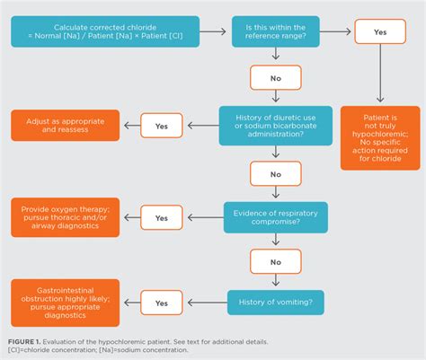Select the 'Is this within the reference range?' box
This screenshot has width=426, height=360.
276,31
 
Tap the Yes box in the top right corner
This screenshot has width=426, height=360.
379,31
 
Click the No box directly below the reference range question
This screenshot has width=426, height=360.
276,78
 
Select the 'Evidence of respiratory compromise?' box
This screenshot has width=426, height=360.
276,216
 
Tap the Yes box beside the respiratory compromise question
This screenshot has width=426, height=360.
161,216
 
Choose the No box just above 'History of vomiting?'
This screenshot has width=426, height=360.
276,262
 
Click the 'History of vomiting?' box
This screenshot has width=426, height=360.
276,303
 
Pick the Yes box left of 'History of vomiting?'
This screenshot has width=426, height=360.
161,303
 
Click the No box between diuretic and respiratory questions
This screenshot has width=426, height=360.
276,170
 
